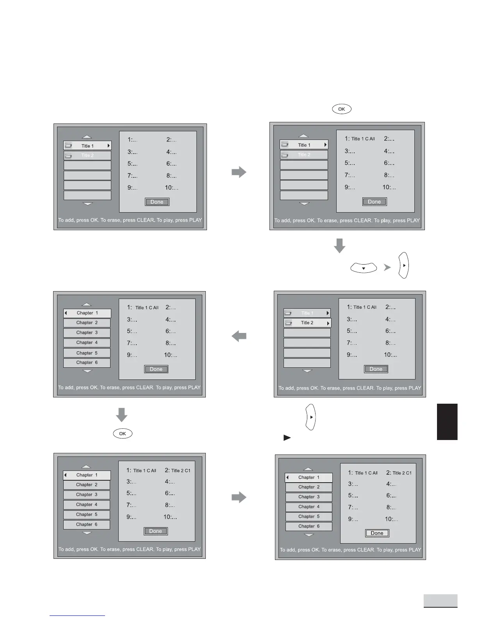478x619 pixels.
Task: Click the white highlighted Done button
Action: click(377, 533)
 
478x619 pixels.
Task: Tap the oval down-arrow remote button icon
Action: click(364, 268)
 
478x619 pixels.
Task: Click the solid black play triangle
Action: click(287, 438)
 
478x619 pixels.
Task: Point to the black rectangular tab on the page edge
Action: click(447, 422)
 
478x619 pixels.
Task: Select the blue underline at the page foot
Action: click(77, 615)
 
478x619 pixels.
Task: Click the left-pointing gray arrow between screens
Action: click(239, 336)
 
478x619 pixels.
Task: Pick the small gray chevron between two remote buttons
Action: click(387, 267)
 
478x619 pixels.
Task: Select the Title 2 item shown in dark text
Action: click(307, 323)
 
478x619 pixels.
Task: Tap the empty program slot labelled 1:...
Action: click(132, 140)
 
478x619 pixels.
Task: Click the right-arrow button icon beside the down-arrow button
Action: click(403, 265)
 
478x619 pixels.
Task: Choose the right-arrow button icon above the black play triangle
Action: click(310, 417)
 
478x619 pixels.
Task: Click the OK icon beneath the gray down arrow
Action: click(123, 433)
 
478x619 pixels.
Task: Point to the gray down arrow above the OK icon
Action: click(122, 415)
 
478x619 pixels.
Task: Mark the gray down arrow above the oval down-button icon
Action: click(340, 245)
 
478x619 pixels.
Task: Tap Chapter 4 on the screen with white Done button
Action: click(309, 507)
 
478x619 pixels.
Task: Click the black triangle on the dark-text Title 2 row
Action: click(328, 323)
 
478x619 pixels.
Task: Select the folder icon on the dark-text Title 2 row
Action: click(289, 323)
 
